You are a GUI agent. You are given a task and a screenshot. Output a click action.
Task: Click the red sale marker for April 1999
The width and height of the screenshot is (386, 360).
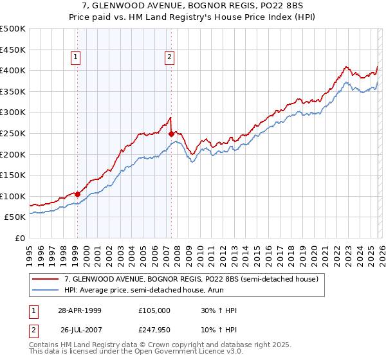click(77, 194)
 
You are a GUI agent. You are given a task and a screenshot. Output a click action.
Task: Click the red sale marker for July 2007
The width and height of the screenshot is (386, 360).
click(171, 134)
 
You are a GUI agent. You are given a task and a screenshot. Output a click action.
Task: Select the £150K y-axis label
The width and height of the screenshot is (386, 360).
click(14, 175)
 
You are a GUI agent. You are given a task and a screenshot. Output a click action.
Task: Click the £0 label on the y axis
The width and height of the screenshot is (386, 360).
click(21, 239)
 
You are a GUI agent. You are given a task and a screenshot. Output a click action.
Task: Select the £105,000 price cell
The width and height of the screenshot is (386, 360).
click(154, 310)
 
